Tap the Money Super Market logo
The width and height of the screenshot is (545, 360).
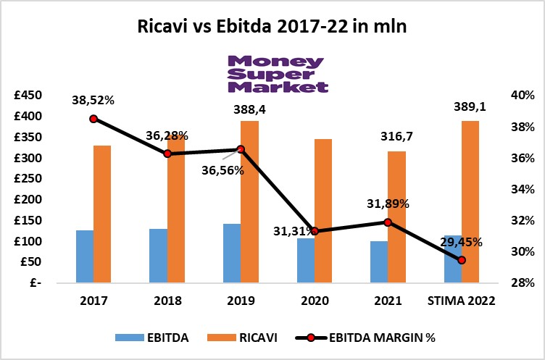pos(278,75)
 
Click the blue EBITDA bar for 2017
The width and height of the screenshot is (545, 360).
pos(85,256)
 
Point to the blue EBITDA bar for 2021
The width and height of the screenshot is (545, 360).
pos(378,261)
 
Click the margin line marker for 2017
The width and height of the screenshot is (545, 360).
pos(93,119)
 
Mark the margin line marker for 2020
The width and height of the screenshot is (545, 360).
pos(315,231)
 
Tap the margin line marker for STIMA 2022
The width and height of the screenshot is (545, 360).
pos(462,259)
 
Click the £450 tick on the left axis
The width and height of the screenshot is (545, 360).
pos(28,96)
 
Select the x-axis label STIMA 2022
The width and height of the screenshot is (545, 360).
pos(462,301)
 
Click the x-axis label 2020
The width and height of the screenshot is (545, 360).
pos(314,301)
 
